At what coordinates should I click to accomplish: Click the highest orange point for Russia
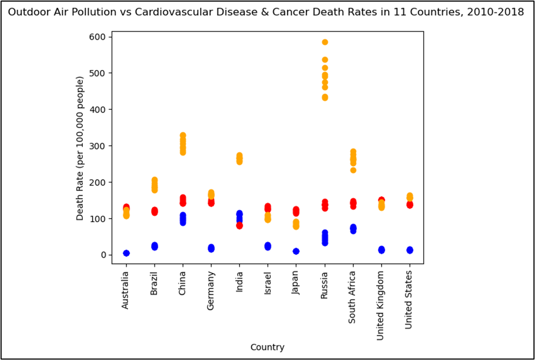click(x=325, y=42)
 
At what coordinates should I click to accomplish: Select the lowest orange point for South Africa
click(x=353, y=170)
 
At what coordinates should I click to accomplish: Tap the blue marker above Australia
click(x=126, y=253)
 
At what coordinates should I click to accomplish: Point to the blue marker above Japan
click(x=296, y=251)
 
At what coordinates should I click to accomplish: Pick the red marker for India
click(x=240, y=225)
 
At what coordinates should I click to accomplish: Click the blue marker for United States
click(x=410, y=250)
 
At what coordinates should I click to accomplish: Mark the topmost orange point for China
click(x=183, y=136)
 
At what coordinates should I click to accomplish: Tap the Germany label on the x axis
click(x=211, y=290)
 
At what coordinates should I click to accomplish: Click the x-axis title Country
click(x=267, y=347)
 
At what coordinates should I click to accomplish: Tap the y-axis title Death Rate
click(x=80, y=148)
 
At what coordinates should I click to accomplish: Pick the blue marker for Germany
click(x=211, y=248)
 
